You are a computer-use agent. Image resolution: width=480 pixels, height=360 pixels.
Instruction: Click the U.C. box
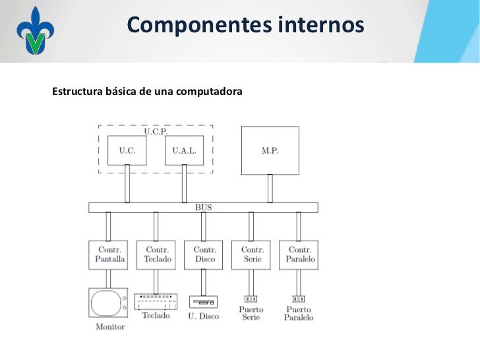pos(127,150)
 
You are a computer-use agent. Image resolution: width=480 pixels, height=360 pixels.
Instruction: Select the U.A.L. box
pos(184,150)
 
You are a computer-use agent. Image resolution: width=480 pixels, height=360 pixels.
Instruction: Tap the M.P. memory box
pos(270,150)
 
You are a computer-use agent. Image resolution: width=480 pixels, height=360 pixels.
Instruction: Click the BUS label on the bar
pos(204,207)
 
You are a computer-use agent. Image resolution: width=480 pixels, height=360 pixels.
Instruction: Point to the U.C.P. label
pos(156,131)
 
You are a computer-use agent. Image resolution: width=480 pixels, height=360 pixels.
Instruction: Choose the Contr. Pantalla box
pos(108,255)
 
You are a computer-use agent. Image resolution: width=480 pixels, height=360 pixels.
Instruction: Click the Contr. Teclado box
pos(156,255)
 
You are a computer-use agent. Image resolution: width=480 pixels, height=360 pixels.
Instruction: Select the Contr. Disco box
pos(204,255)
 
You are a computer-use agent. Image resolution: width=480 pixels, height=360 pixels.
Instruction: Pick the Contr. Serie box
pos(251,255)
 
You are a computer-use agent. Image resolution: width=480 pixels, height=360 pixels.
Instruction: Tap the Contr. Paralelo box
pos(299,255)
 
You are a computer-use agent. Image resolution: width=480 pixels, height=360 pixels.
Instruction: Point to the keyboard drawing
pos(156,302)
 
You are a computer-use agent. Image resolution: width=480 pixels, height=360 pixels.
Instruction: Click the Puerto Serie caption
pos(251,313)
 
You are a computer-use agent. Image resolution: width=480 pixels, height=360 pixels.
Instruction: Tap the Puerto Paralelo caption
pos(299,313)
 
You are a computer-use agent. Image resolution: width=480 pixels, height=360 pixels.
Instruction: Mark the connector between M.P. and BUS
pos(270,189)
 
